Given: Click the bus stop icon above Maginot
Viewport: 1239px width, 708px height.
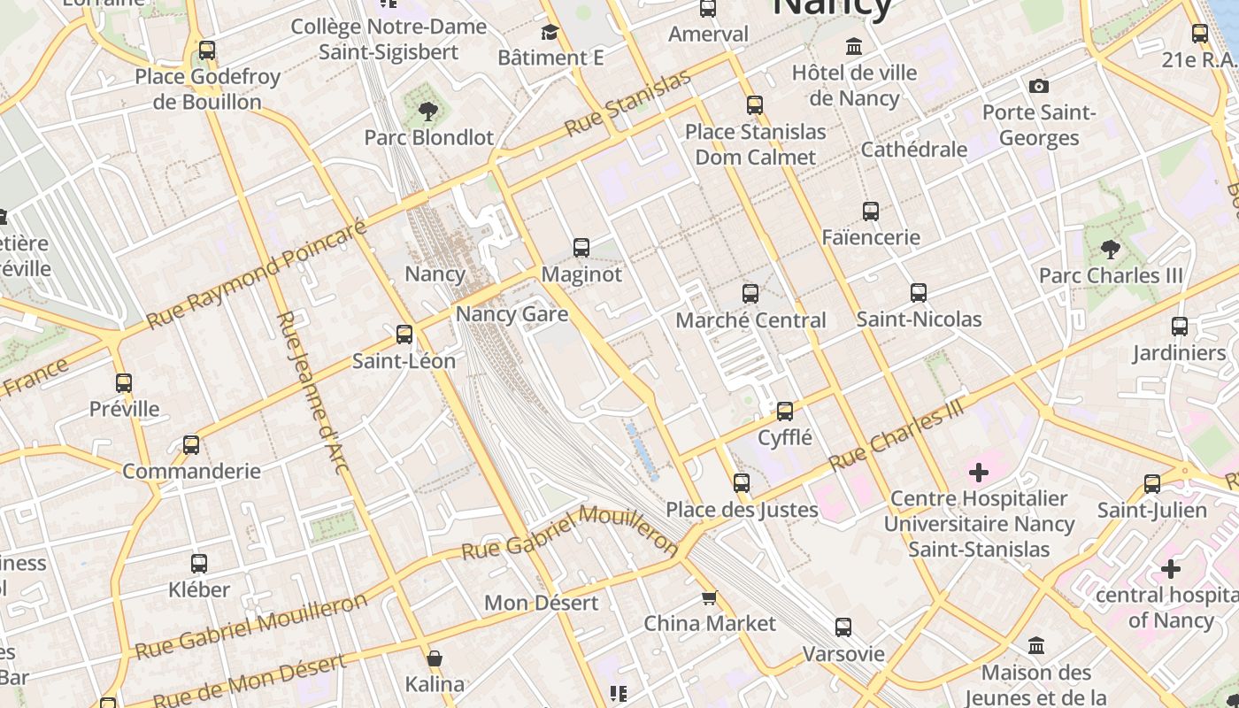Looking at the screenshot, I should point(581,248).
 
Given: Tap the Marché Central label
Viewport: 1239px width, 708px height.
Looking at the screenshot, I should point(750,319).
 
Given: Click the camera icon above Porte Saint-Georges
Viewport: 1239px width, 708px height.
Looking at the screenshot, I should point(1039,86).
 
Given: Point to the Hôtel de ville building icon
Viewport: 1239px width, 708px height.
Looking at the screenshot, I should point(854,46).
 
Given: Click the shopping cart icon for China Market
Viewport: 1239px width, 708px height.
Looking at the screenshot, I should point(709,598).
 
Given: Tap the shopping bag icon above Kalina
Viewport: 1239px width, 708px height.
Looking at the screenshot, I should point(435,658).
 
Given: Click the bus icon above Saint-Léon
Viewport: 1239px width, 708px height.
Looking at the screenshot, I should point(404,335).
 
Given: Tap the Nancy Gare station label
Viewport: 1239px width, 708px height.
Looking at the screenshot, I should point(512,314).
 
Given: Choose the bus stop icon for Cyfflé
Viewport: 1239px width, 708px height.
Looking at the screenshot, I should point(785,412).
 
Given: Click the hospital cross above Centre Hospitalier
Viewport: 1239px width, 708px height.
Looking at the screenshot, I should point(979,473).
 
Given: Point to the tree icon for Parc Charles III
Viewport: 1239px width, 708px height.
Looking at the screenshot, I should point(1110,250).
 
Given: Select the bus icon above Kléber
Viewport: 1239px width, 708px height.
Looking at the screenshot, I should point(199,563).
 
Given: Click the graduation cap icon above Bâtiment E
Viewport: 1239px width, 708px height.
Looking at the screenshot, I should point(550,33).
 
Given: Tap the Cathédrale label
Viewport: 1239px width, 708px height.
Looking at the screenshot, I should point(913,150).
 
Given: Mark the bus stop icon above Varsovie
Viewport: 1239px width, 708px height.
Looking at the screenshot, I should point(843,627).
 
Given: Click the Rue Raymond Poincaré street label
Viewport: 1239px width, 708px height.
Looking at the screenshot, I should point(256,274).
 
